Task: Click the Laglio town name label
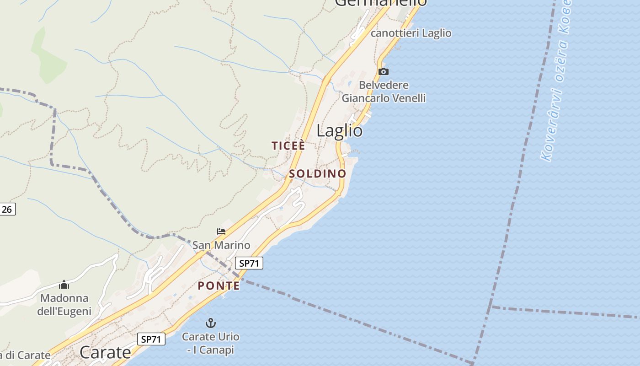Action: pos(340,131)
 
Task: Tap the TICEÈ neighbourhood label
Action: pos(288,146)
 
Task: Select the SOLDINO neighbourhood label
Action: pos(317,174)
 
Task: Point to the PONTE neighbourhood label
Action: pos(219,286)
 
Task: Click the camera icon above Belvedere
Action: pos(384,71)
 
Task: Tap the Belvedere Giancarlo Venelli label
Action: pos(384,91)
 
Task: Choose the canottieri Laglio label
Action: pos(411,33)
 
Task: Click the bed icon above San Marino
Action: pos(221,231)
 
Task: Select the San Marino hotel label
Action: pos(221,245)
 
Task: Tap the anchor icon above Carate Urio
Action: pos(210,323)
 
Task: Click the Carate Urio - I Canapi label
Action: pos(210,343)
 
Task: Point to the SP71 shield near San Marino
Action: pos(249,263)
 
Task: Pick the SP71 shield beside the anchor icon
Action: pos(151,339)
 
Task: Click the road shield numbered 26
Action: pos(7,210)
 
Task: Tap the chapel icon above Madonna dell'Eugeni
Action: pos(64,285)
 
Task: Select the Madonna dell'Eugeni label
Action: pos(64,305)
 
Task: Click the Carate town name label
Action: pos(105,352)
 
